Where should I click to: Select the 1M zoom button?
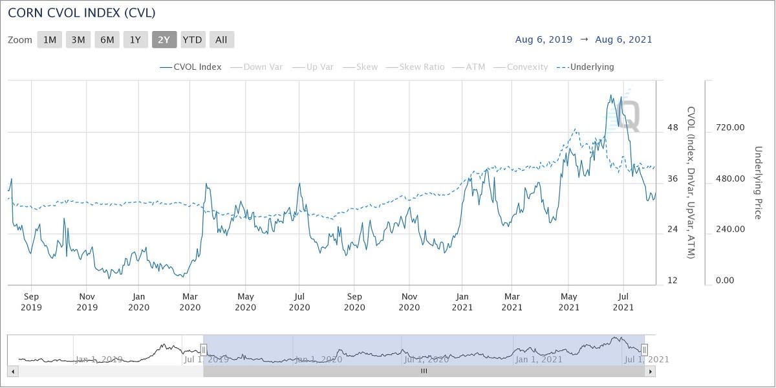[x=50, y=39]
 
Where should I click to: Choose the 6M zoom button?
[x=107, y=39]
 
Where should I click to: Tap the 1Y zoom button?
[x=135, y=39]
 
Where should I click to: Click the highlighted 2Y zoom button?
[x=164, y=39]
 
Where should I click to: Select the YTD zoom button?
[x=192, y=39]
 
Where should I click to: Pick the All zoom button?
[x=221, y=39]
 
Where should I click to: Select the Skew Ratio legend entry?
[x=422, y=67]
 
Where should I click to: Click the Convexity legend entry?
[x=527, y=67]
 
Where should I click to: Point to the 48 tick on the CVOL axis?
[x=673, y=127]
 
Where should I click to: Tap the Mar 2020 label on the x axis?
[x=191, y=301]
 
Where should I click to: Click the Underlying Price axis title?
[x=759, y=182]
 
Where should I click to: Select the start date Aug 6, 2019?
[x=543, y=39]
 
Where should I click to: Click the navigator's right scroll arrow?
[x=651, y=371]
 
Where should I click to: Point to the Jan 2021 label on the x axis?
[x=462, y=301]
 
